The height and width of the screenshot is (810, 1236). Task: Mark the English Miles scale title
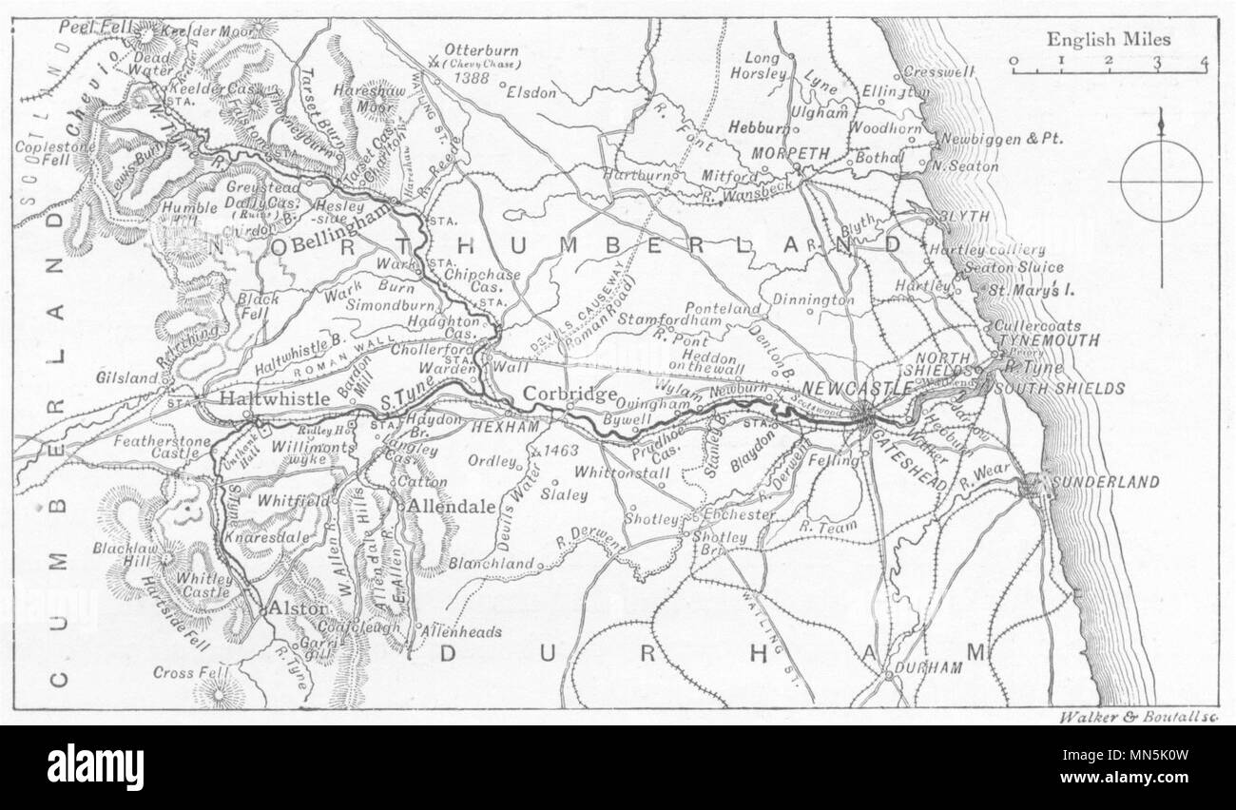click(x=1110, y=40)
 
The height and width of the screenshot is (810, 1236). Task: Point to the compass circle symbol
click(x=1161, y=182)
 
